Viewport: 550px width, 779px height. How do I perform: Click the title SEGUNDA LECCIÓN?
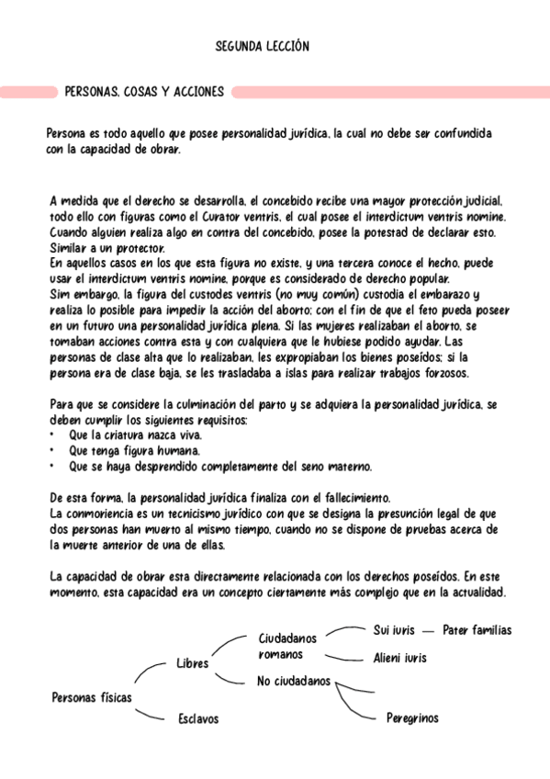(262, 46)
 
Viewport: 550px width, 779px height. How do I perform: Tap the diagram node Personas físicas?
(92, 698)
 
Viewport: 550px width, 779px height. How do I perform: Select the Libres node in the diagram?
(193, 663)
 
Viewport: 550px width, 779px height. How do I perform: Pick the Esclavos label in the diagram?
(198, 719)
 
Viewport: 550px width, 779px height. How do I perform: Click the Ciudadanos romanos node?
(286, 646)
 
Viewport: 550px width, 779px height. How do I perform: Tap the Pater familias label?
(477, 631)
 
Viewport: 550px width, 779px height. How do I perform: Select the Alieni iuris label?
(399, 659)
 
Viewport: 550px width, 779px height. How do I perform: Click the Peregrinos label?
(412, 717)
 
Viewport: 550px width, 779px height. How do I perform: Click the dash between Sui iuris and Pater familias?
(428, 632)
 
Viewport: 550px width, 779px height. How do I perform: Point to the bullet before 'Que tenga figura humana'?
(51, 451)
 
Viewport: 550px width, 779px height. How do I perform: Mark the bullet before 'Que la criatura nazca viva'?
(51, 435)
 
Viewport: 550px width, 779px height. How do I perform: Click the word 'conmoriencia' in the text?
(102, 514)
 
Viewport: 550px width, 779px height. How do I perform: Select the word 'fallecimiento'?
(354, 498)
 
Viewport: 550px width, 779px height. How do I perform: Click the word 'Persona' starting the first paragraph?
(66, 134)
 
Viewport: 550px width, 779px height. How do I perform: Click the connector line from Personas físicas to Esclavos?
(152, 714)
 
